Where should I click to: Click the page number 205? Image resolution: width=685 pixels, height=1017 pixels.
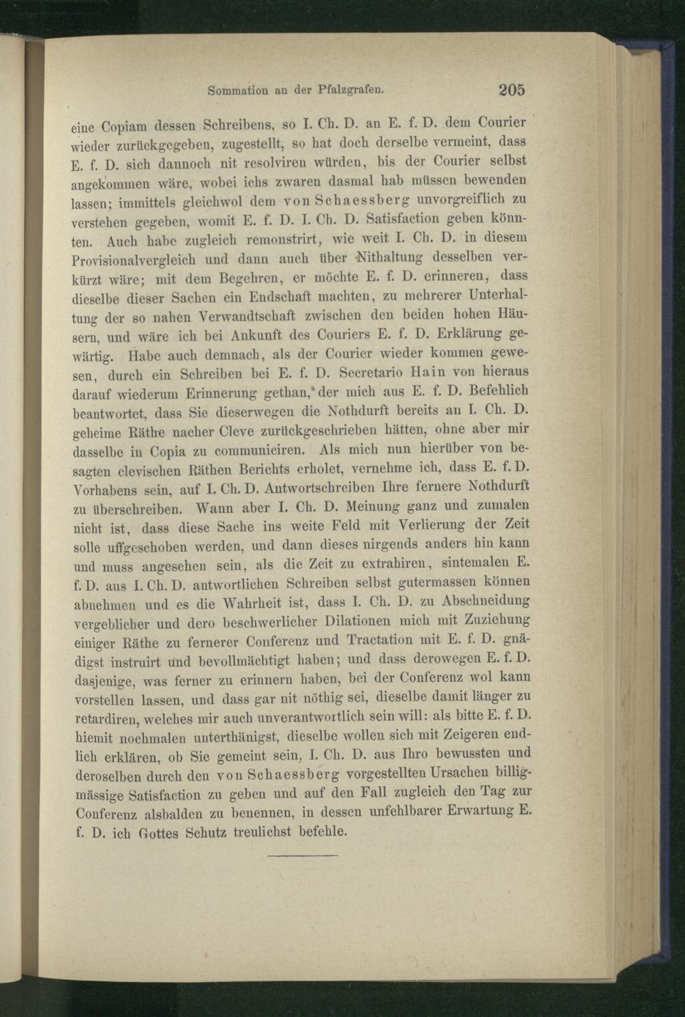point(511,89)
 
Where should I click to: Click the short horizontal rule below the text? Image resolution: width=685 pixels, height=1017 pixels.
point(303,855)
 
